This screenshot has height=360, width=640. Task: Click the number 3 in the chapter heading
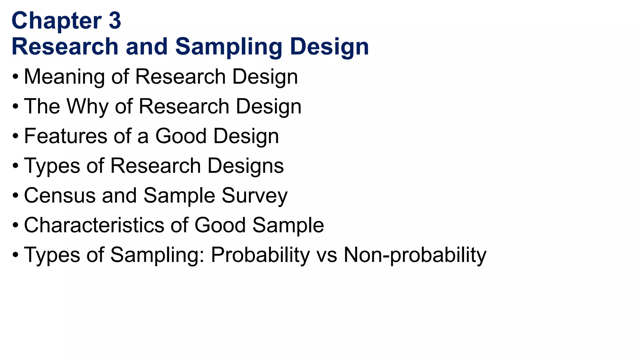(115, 21)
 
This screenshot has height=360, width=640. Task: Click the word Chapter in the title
(57, 21)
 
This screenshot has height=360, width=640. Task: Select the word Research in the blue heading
(65, 47)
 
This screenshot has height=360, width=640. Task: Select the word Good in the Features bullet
(181, 136)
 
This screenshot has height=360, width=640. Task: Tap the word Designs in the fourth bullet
(245, 166)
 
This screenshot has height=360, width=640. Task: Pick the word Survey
(254, 195)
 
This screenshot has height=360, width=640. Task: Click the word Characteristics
(94, 225)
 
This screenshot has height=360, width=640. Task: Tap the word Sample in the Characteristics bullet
(288, 225)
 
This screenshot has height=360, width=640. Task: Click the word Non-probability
(415, 255)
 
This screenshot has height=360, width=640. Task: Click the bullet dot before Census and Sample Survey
(16, 196)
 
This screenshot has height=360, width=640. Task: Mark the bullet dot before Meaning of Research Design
(16, 77)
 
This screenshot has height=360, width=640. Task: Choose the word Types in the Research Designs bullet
(52, 166)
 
